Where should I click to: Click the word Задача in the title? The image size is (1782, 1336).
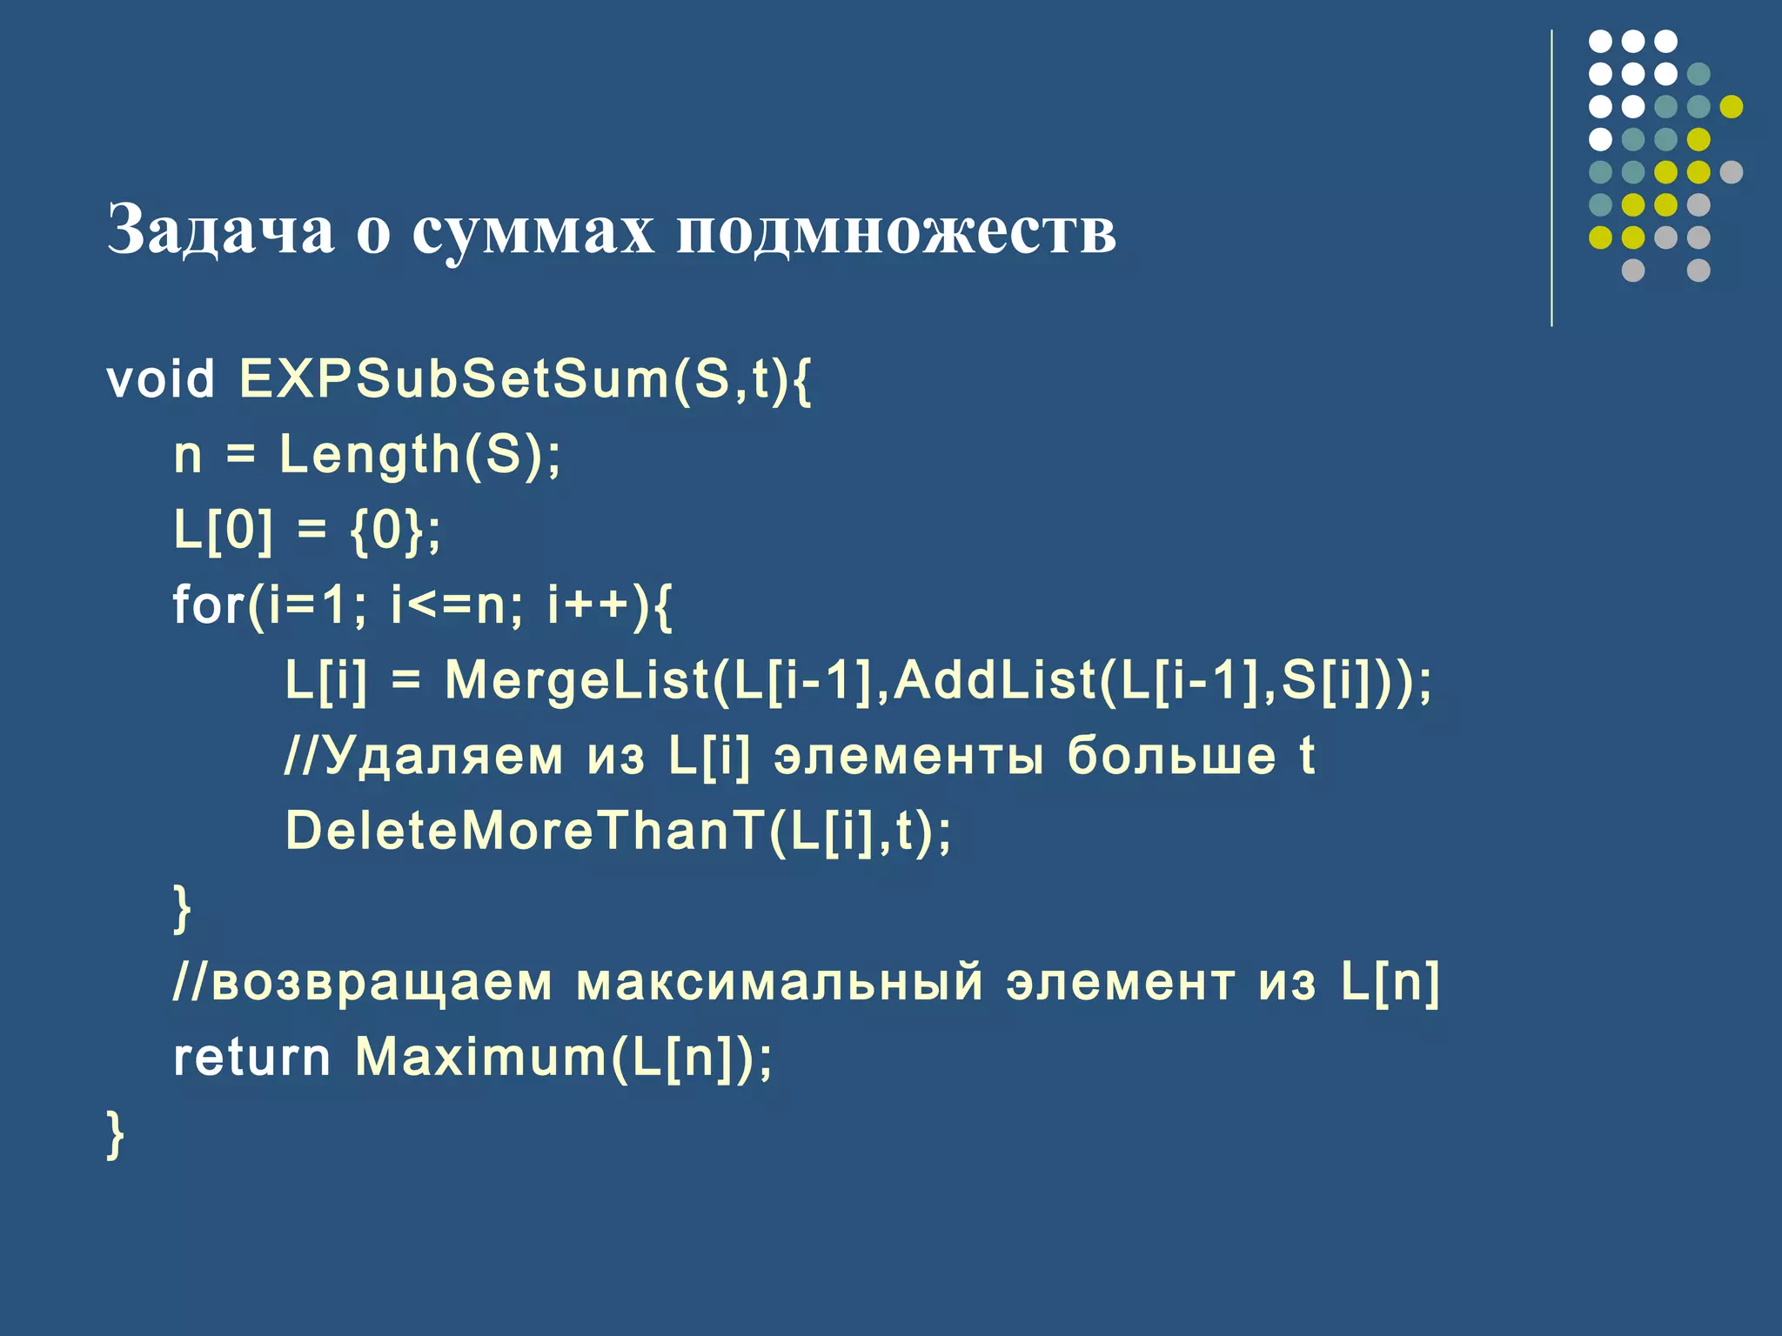click(x=220, y=230)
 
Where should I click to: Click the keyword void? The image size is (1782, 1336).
click(x=161, y=380)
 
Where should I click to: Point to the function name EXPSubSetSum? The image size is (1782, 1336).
click(x=452, y=380)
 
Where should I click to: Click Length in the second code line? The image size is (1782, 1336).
click(x=369, y=455)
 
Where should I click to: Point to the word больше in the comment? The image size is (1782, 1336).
click(x=1171, y=755)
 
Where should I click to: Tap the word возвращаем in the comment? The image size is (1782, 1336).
click(x=381, y=982)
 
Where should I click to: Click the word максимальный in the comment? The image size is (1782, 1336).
click(x=780, y=982)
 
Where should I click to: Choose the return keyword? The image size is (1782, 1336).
click(x=251, y=1058)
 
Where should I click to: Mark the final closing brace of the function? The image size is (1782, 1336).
click(x=115, y=1134)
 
